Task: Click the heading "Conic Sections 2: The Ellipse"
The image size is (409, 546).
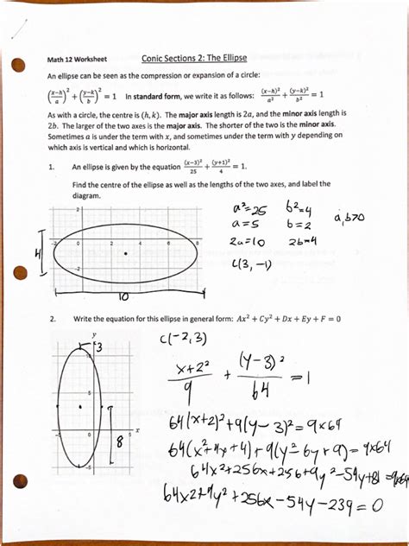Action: [x=193, y=58]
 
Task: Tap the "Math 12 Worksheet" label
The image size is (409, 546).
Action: [x=78, y=60]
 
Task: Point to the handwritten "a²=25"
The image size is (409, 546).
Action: [x=249, y=209]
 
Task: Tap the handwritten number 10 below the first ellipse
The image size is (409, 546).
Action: [x=123, y=295]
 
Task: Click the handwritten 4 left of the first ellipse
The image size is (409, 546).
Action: [x=38, y=254]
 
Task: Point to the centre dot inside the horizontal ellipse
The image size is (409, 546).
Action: [x=126, y=253]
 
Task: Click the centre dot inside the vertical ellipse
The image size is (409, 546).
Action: [x=79, y=405]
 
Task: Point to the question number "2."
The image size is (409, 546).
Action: [x=53, y=319]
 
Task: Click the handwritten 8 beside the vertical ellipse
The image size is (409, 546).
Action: [x=120, y=443]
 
